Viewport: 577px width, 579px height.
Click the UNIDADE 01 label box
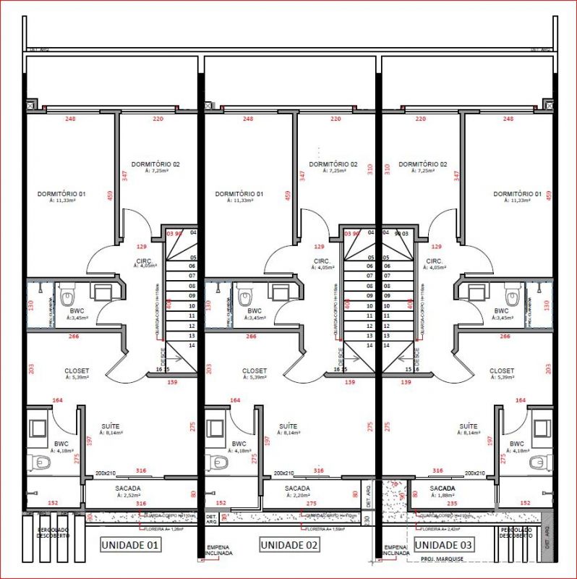[x=129, y=545]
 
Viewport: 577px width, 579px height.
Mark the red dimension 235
[x=453, y=502]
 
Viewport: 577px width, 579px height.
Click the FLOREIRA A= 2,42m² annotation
[x=447, y=529]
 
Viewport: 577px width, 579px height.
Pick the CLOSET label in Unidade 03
[x=503, y=371]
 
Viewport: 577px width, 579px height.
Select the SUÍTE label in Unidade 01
[x=111, y=427]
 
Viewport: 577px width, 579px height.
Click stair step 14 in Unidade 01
[x=193, y=346]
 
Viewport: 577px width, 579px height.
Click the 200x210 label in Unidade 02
[x=283, y=473]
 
